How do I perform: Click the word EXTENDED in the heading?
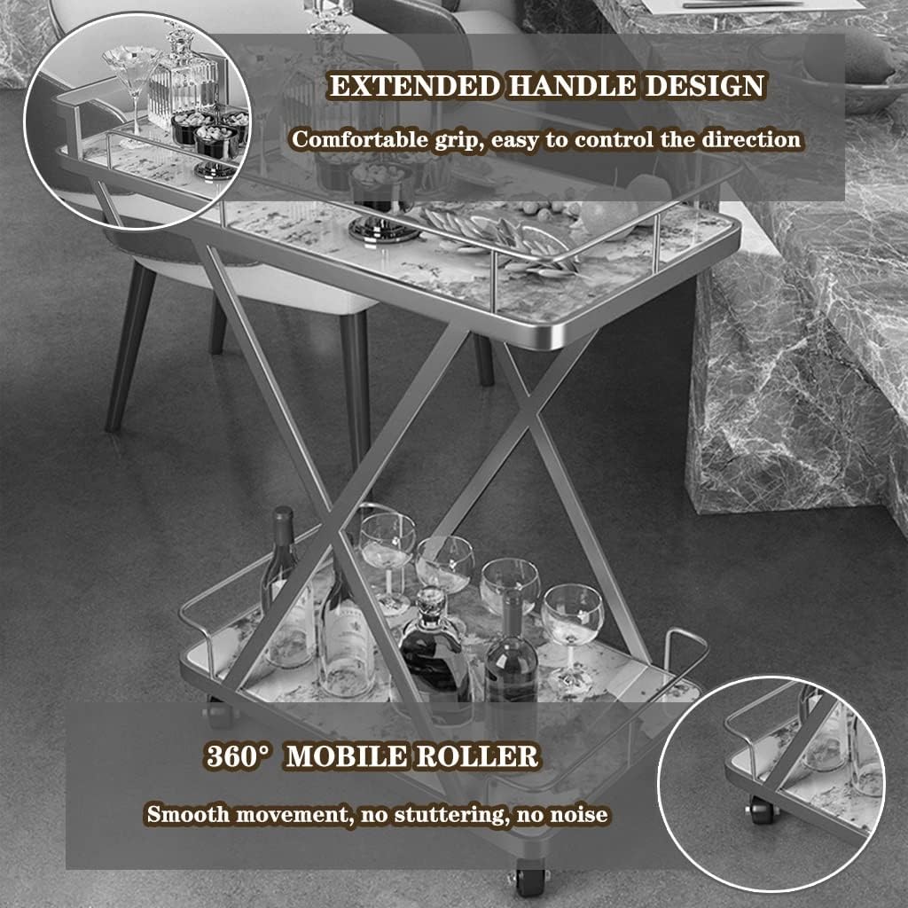pos(415,86)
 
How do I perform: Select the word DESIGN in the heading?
pos(704,86)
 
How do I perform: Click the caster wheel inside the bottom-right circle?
pos(760,809)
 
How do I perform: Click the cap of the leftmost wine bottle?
pos(283,514)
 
